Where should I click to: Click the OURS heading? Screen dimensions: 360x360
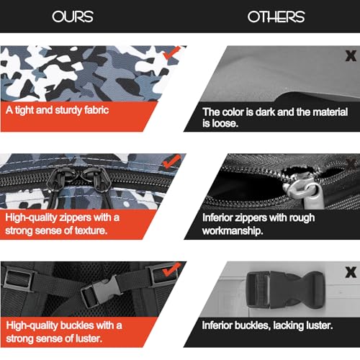(73, 17)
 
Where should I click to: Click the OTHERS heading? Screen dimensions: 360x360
(276, 17)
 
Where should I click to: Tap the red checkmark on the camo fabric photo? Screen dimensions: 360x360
(171, 53)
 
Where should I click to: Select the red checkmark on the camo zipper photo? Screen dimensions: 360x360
(171, 161)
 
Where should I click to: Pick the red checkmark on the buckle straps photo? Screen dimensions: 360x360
(171, 269)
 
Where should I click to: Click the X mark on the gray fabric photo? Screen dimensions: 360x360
(351, 55)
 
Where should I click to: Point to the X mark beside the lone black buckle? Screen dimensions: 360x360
(351, 272)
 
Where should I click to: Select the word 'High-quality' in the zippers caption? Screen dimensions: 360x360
(31, 217)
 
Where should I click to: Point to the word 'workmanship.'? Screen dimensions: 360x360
(233, 231)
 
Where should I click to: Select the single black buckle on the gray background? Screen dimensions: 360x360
(285, 289)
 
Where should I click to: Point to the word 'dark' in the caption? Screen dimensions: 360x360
(266, 112)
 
